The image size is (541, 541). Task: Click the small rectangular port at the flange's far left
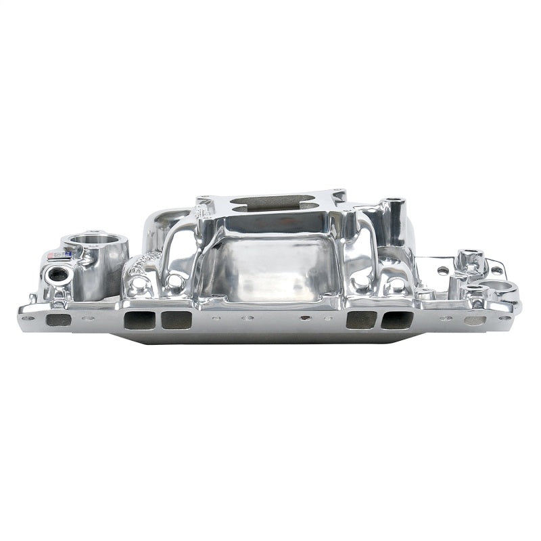tap(59, 320)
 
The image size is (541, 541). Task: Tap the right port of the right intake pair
tap(396, 320)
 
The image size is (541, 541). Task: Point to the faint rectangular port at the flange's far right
tap(475, 321)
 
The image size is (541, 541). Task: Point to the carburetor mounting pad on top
tap(270, 203)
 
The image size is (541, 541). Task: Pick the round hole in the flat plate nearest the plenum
tap(442, 270)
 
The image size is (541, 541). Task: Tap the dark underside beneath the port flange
tap(270, 337)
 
